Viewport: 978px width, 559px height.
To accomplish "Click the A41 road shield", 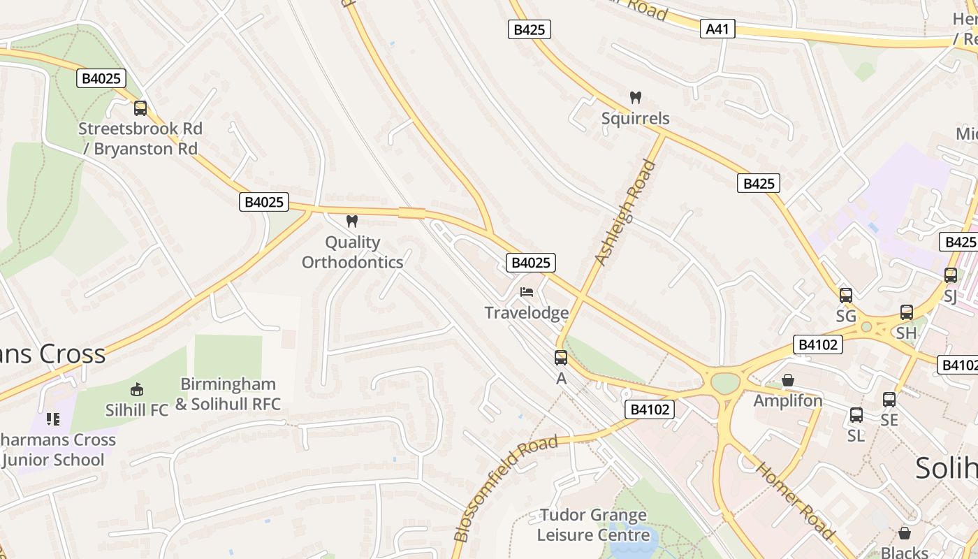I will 717,29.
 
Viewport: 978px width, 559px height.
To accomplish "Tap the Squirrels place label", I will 635,118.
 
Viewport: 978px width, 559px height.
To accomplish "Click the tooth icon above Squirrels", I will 635,98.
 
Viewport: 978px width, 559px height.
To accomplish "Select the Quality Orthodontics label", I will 353,252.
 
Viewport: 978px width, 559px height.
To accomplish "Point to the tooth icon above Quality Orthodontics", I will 352,222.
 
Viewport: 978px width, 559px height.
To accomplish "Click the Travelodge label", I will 527,312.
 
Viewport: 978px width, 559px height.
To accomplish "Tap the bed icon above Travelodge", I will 527,291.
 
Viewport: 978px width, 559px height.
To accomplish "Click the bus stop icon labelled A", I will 560,358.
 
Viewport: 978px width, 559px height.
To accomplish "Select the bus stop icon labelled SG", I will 846,296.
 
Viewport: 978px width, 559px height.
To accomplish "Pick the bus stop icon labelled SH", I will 907,312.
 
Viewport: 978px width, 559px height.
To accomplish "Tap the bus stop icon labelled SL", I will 856,415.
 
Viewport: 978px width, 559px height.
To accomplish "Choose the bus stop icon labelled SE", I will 889,400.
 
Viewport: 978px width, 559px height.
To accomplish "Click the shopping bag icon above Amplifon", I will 788,380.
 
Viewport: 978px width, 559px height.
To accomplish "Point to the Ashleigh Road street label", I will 626,212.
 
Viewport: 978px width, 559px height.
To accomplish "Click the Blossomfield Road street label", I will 506,488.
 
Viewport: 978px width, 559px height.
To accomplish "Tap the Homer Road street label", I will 796,500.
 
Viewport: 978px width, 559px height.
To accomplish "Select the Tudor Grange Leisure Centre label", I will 592,525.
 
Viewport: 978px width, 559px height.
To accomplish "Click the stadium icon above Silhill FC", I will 137,390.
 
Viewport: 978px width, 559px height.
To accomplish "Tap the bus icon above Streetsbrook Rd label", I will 140,108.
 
